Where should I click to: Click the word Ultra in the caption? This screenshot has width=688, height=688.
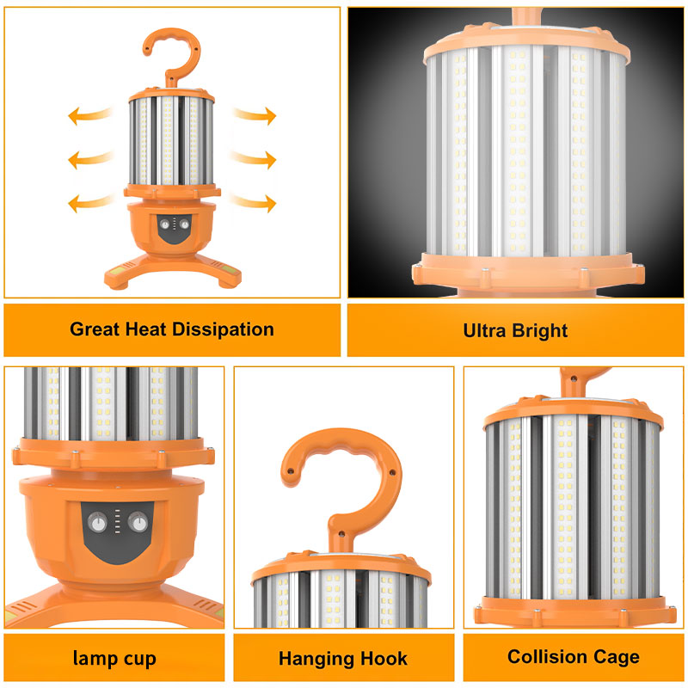484,330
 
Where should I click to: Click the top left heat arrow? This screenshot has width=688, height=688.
90,115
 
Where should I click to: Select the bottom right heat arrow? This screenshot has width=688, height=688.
255,202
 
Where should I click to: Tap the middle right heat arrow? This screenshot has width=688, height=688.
254,159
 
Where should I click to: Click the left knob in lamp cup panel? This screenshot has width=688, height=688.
97,524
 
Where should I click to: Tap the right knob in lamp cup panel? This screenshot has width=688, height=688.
138,522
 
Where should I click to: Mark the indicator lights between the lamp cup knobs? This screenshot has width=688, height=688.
117,521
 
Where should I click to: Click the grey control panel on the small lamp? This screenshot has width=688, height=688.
175,229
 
